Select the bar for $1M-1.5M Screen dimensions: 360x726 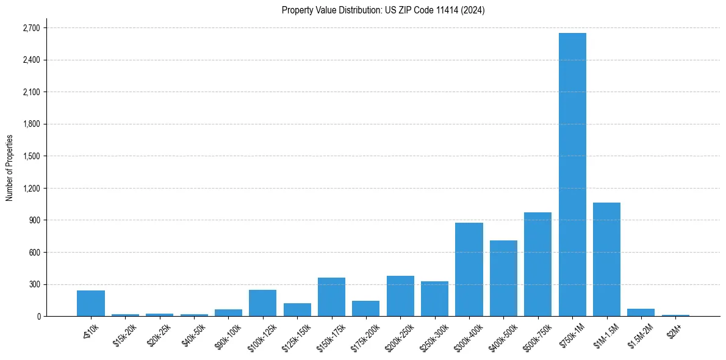pyautogui.click(x=606, y=259)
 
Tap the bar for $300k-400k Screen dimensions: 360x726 pyautogui.click(x=469, y=269)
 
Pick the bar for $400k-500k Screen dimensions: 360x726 pyautogui.click(x=503, y=278)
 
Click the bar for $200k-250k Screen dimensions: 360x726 pyautogui.click(x=400, y=296)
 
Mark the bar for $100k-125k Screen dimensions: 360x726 pyautogui.click(x=262, y=303)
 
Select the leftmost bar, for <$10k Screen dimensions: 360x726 pyautogui.click(x=91, y=303)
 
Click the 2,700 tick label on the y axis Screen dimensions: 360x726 pyautogui.click(x=31, y=28)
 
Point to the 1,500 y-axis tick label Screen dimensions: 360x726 pyautogui.click(x=31, y=156)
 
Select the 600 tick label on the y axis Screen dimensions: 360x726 pyautogui.click(x=34, y=252)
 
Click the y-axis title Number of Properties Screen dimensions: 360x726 pyautogui.click(x=9, y=167)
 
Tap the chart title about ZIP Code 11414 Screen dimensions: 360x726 pyautogui.click(x=383, y=10)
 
